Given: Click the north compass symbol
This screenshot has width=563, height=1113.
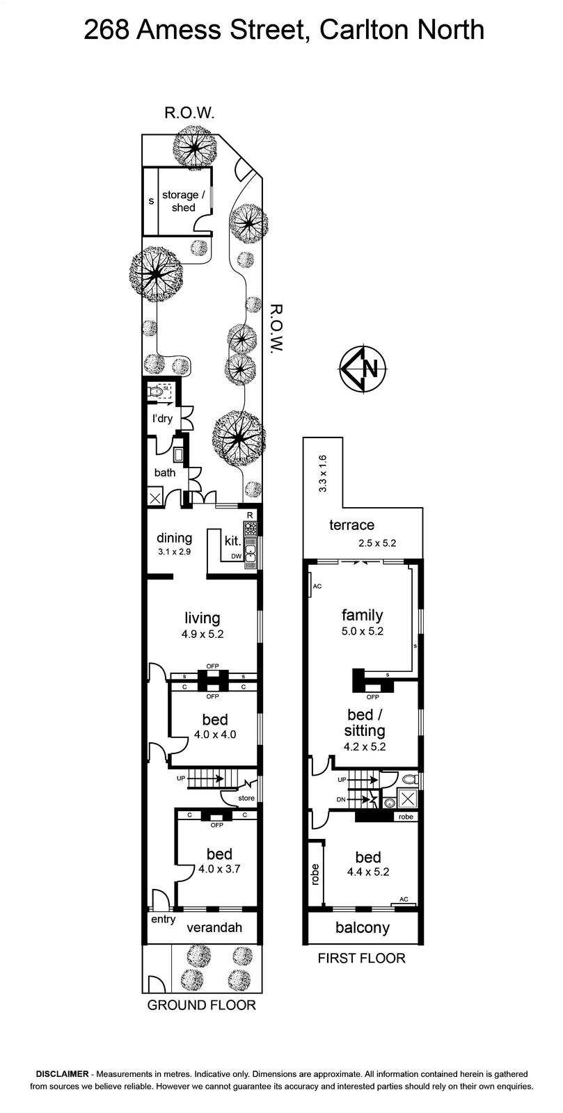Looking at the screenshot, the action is (363, 369).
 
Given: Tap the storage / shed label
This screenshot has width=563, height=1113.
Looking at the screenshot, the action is (183, 201).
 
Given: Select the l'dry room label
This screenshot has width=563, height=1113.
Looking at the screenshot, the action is (162, 418).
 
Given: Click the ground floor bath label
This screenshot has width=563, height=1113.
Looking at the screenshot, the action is (164, 472).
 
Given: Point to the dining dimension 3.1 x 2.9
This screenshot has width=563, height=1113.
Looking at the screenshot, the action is (175, 551).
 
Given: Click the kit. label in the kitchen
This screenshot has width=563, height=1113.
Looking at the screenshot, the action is (232, 541).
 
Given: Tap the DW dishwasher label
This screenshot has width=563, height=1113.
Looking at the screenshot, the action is (236, 556).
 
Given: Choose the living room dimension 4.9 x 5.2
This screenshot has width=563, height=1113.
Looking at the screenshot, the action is (203, 634).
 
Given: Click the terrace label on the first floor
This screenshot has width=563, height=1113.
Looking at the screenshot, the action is (352, 525).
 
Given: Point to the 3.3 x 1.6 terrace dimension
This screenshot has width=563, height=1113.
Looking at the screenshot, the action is (322, 474).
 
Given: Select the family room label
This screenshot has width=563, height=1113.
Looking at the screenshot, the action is (363, 615).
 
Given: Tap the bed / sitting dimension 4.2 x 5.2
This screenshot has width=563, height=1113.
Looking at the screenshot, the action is (365, 746).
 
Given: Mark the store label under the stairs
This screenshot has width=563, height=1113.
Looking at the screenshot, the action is (246, 798).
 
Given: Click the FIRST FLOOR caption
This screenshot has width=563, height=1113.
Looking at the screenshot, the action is (362, 957).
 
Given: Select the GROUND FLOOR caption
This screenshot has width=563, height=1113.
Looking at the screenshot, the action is (201, 1004).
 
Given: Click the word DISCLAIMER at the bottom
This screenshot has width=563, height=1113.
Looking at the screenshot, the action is (62, 1075).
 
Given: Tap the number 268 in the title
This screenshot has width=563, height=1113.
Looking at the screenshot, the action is (106, 30).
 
